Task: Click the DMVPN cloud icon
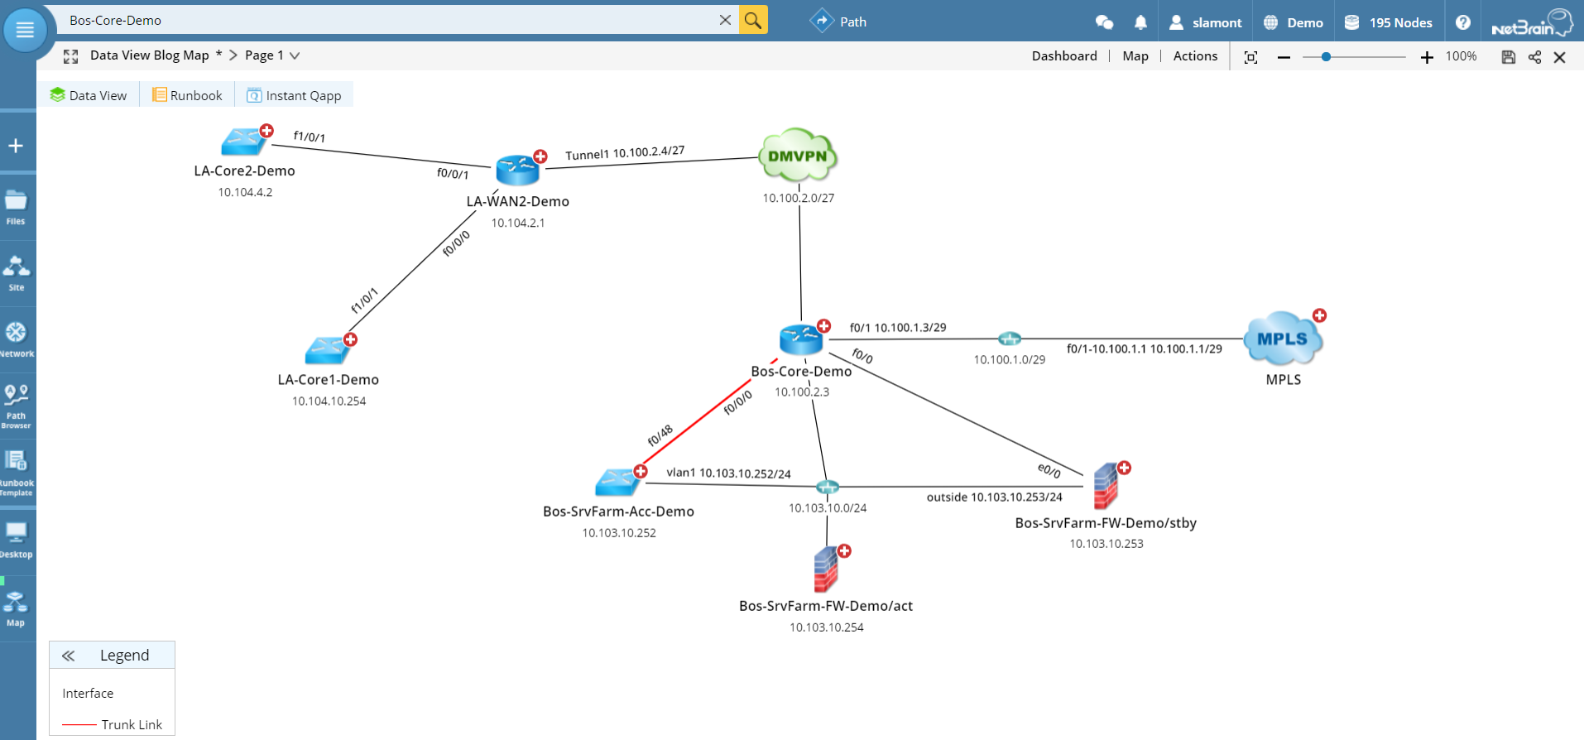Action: (798, 156)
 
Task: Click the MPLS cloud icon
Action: (1282, 339)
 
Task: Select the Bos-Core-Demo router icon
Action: (800, 339)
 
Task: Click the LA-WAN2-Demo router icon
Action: (517, 170)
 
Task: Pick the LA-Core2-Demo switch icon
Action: (242, 142)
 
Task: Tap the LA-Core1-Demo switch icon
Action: (327, 351)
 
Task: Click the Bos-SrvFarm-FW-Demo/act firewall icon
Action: (826, 569)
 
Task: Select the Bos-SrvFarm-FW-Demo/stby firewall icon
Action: (1106, 487)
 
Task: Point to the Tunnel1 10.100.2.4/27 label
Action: (625, 153)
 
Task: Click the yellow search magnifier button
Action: (753, 20)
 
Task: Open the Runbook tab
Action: (188, 95)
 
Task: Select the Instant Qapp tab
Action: (295, 95)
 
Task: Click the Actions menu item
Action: (1195, 55)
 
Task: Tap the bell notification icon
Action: (1140, 22)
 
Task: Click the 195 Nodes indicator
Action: (1389, 22)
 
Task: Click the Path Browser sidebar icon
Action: (16, 404)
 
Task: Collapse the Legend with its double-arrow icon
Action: (69, 656)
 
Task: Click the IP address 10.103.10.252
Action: (618, 533)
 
